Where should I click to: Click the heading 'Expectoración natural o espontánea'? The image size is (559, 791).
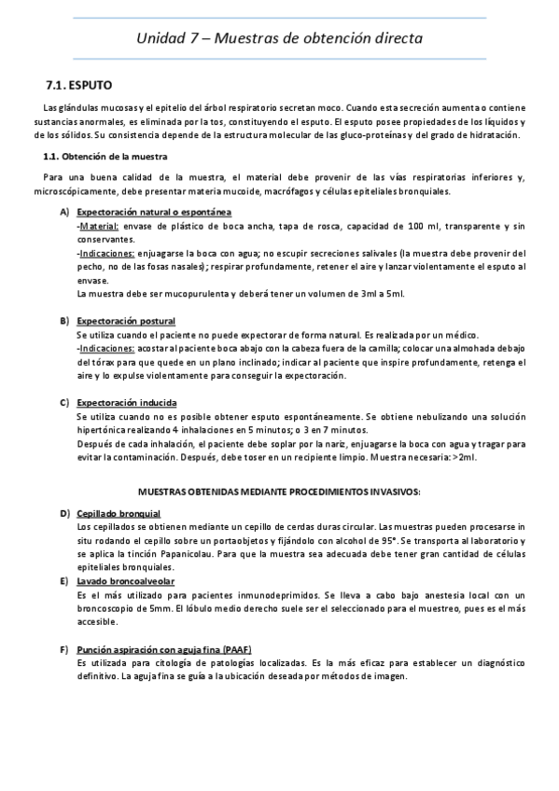tap(154, 212)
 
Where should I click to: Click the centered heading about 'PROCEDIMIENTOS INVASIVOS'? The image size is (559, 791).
tap(279, 491)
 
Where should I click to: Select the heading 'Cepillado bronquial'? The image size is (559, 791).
tap(119, 514)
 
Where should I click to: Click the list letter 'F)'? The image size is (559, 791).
tap(63, 648)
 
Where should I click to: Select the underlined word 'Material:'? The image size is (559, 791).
tap(99, 226)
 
